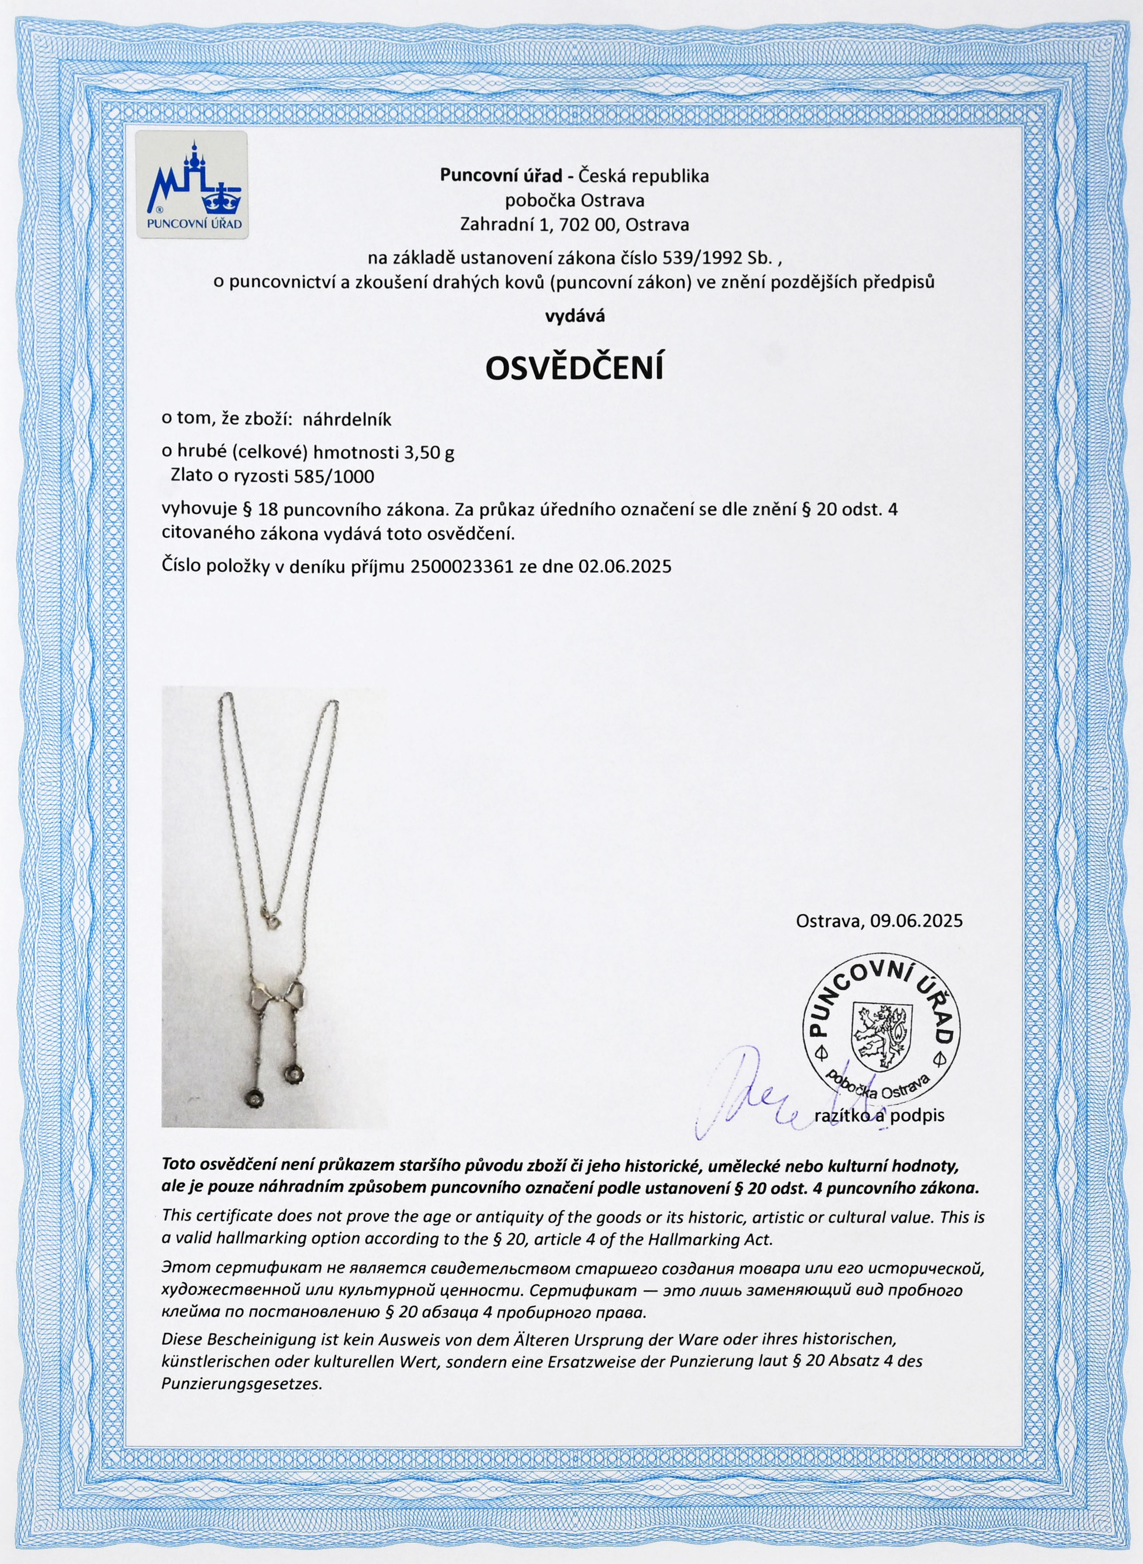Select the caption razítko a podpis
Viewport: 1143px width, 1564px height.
(878, 1115)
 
